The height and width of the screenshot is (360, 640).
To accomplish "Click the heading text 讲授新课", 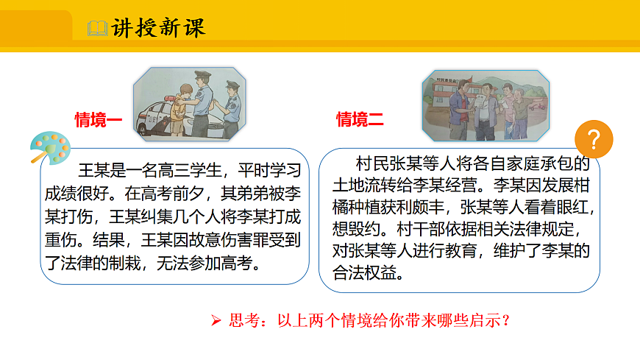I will click(x=158, y=28).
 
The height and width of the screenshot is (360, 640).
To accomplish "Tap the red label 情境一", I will click(x=98, y=120).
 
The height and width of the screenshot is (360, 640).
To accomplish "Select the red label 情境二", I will click(x=360, y=119).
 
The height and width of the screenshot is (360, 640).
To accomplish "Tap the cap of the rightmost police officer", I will click(x=232, y=84).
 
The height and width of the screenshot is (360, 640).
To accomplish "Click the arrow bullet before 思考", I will click(x=216, y=320).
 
